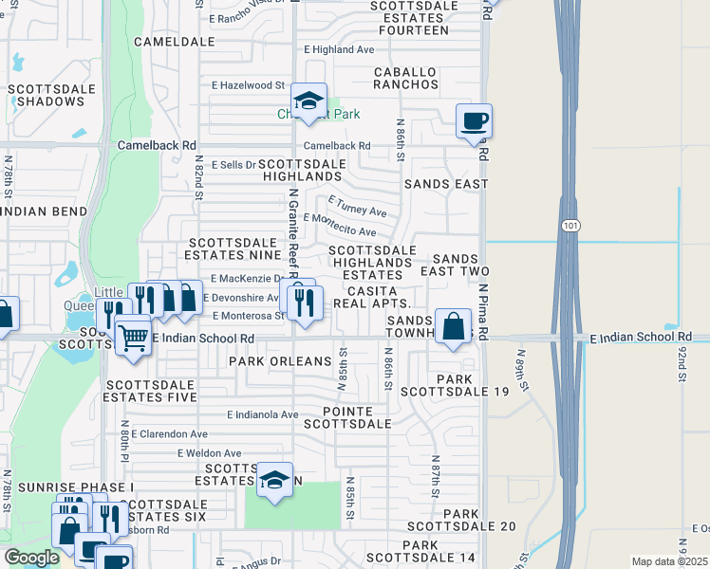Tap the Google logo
31,558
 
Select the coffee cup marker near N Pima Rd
474,121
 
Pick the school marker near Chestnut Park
308,101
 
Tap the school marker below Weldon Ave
274,481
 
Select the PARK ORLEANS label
280,361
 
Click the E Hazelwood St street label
249,85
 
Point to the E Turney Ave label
358,206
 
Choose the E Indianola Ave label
263,414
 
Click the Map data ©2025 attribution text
669,561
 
